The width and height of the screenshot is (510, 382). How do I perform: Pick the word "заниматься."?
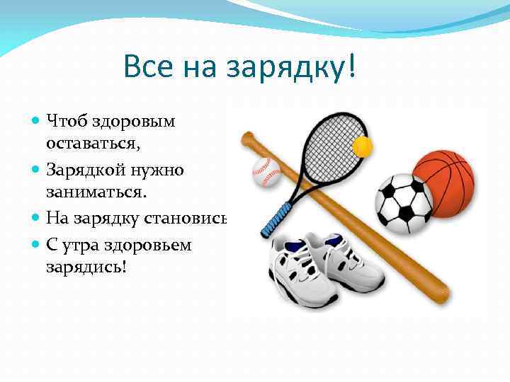coord(93,192)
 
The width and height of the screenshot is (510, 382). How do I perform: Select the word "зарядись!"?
coord(85,269)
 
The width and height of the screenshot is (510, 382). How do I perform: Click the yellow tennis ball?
coord(363,146)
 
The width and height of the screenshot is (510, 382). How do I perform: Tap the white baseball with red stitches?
coord(266,170)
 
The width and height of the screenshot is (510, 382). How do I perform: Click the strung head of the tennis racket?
coord(326,149)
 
